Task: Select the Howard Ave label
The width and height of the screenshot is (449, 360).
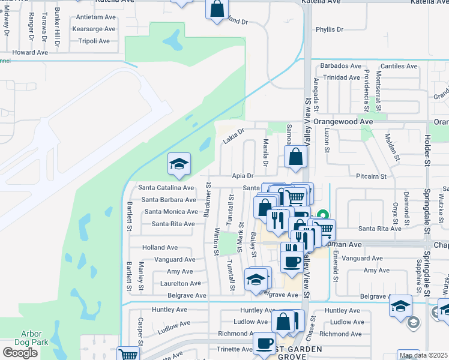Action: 29,53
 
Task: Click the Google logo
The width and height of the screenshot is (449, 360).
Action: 20,353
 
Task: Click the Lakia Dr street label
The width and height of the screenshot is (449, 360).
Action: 234,136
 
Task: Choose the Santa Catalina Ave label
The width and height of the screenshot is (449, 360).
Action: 166,188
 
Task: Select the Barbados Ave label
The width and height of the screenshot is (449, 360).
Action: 341,66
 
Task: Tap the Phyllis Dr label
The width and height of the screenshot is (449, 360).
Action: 329,29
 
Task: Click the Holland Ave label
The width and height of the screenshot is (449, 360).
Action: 160,247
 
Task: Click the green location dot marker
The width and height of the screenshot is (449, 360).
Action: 323,214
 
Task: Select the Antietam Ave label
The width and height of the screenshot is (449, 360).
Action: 94,17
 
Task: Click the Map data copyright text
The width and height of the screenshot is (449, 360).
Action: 423,355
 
